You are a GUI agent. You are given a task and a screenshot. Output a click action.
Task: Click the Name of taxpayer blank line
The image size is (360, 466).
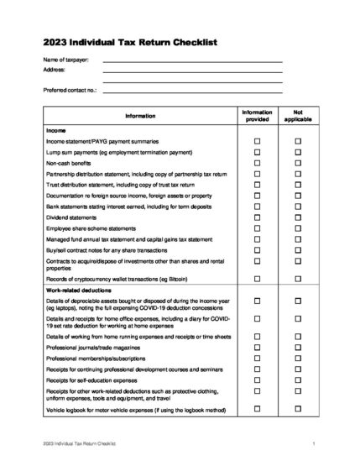tap(192, 61)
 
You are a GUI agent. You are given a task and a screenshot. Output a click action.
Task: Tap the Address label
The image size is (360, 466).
tap(54, 71)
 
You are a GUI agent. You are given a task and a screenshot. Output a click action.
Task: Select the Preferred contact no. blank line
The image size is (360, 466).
tap(192, 89)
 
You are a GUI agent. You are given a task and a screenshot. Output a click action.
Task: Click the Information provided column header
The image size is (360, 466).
tap(258, 116)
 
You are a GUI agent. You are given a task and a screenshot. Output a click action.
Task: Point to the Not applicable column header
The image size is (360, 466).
tap(297, 116)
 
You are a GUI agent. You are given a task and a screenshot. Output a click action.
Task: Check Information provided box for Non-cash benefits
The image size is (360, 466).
tap(258, 163)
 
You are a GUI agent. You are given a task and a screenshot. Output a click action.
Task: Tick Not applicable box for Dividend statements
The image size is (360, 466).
tap(297, 217)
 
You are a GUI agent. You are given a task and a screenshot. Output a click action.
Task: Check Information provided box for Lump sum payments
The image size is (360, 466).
tap(258, 152)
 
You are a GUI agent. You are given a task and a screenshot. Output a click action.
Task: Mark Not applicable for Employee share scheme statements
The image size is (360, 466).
tap(297, 228)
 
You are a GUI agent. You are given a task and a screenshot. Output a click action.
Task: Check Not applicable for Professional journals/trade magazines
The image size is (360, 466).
tap(297, 346)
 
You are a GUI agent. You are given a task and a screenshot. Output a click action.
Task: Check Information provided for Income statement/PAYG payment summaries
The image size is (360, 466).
tap(258, 141)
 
